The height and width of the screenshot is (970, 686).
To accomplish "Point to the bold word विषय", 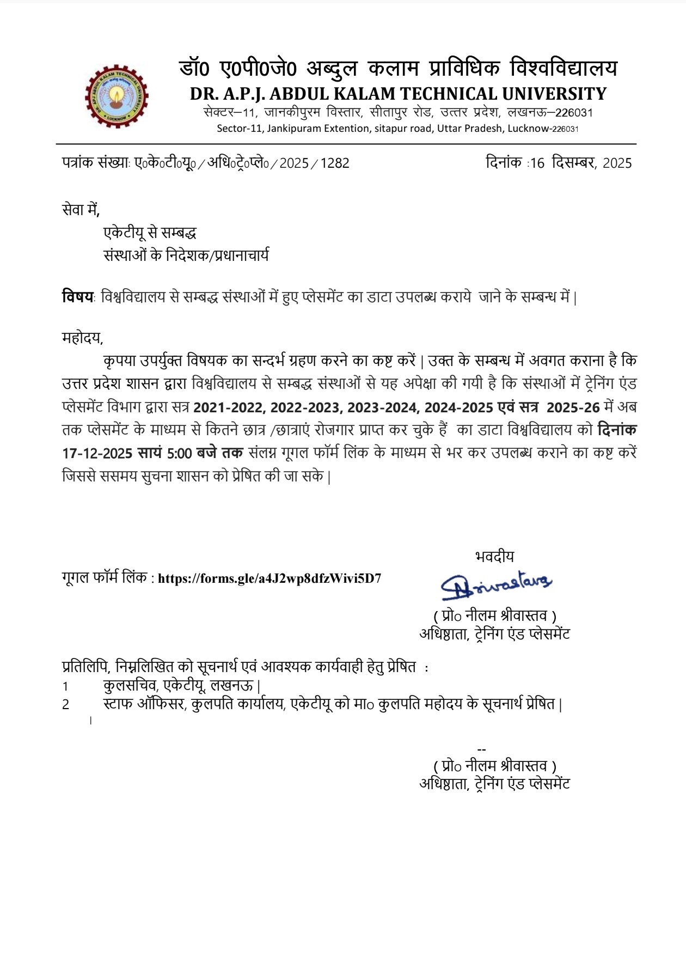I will (x=78, y=297).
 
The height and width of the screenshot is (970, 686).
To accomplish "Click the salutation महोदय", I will (x=82, y=338).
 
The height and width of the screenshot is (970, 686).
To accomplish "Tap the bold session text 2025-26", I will (x=573, y=407).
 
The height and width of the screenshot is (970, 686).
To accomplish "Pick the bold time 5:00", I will (x=179, y=453).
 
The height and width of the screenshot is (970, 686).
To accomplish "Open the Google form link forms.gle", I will (x=269, y=578).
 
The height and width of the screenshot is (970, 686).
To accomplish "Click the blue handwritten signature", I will (x=495, y=584).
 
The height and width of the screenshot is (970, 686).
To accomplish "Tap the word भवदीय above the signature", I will (x=494, y=556).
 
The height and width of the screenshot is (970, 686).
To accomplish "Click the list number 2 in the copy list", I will (x=65, y=704).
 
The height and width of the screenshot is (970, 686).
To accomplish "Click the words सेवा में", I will (x=81, y=210).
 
